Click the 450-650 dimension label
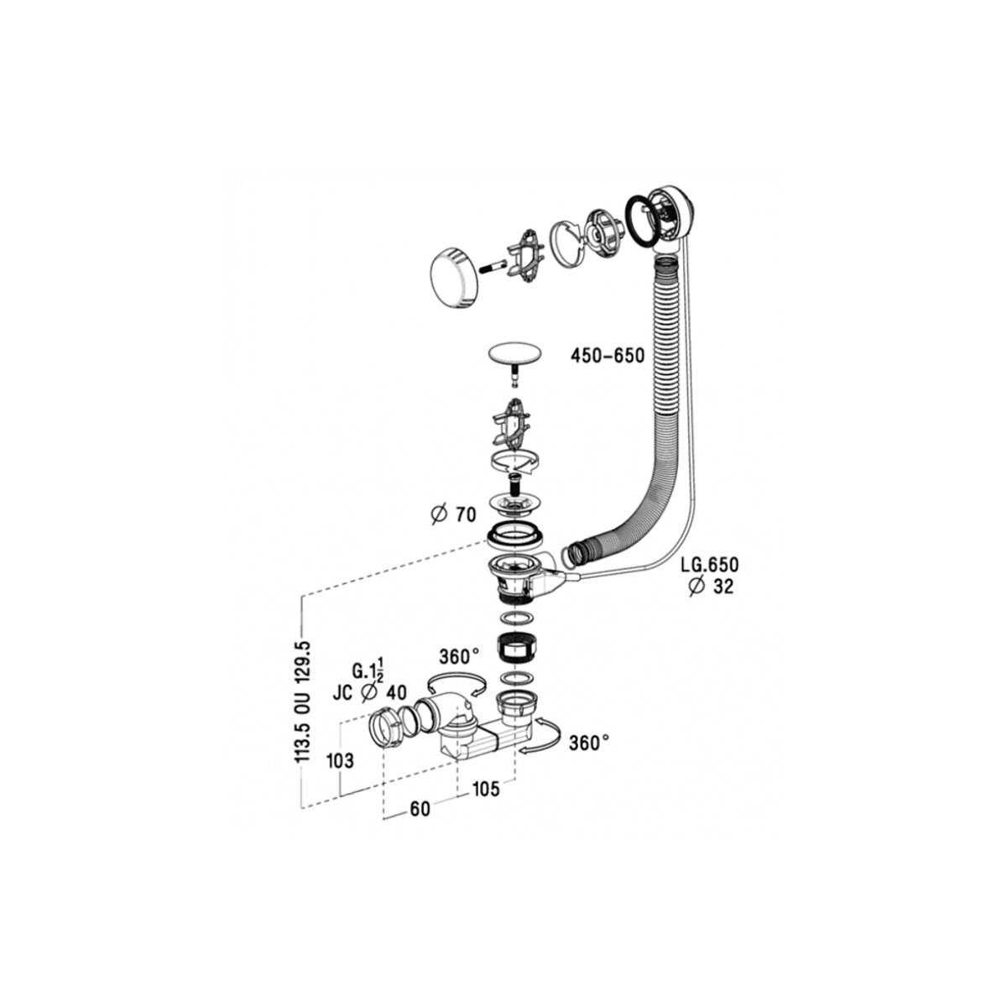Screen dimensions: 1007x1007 coord(608,357)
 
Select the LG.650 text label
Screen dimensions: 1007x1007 coord(709,565)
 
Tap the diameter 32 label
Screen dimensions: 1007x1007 coord(712,587)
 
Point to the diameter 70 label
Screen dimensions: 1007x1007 coord(454,514)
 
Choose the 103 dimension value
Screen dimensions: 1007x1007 coord(340,761)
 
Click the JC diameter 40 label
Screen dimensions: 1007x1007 coord(370,693)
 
